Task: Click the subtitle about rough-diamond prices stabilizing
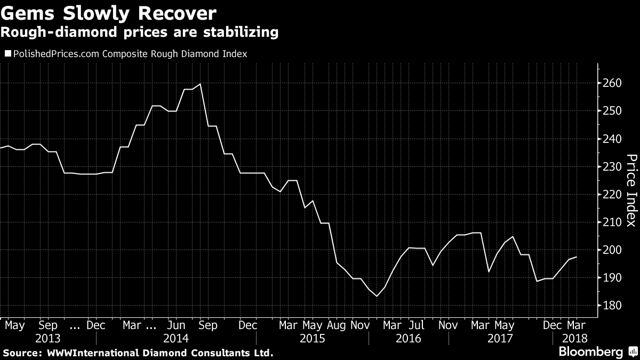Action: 140,33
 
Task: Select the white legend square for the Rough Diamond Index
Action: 7,54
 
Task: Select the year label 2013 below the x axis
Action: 47,338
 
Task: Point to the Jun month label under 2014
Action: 176,325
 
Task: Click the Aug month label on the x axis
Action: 337,325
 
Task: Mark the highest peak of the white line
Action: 200,84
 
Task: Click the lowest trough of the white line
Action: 377,296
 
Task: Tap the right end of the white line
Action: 577,257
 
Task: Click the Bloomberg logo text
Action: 590,352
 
